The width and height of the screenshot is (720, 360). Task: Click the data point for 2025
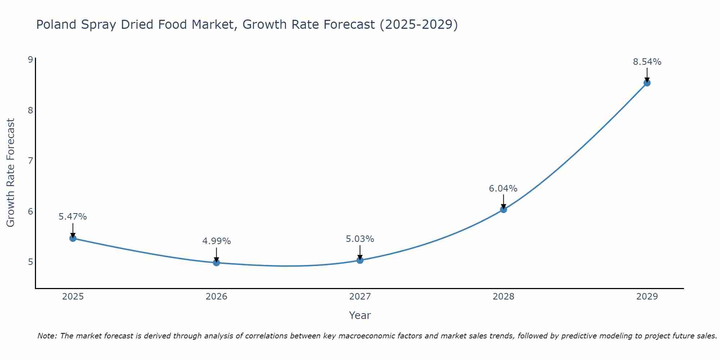73,238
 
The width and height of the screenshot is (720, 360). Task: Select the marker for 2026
216,262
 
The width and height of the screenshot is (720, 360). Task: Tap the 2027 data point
360,260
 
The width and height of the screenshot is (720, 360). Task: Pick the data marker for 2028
503,209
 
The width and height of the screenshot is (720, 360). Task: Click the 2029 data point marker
647,83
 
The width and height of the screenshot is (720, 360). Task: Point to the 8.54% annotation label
647,62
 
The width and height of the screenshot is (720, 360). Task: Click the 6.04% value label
503,189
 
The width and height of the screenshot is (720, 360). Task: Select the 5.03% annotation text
360,239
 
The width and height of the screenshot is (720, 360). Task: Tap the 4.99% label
216,241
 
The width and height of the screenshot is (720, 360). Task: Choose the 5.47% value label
73,217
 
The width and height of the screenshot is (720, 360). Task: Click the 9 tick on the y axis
30,59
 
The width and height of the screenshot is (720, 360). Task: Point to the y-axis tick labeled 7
30,161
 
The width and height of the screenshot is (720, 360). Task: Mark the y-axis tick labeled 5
30,262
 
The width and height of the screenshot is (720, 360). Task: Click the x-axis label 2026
216,297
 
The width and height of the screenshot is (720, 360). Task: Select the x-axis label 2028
503,297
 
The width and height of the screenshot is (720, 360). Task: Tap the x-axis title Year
360,315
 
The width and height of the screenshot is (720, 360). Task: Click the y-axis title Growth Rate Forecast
11,173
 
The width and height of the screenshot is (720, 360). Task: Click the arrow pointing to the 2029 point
647,75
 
